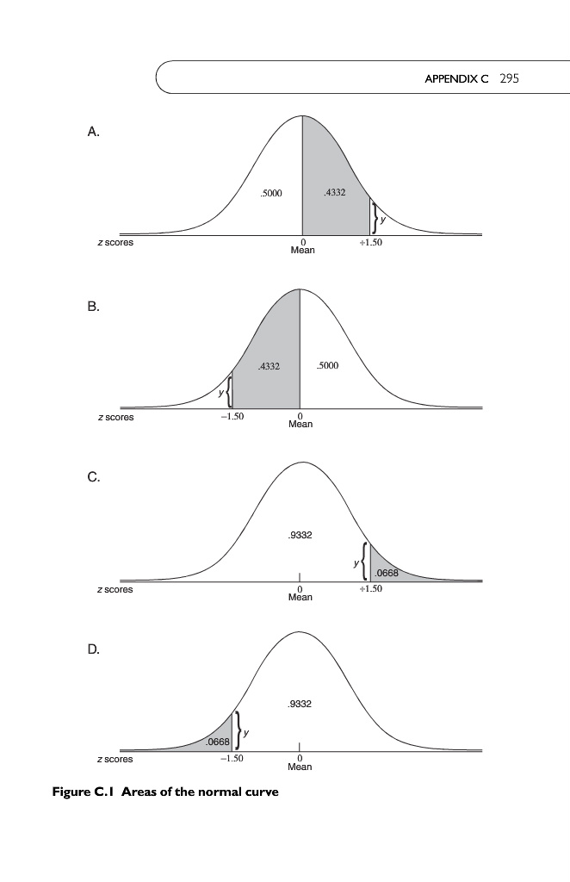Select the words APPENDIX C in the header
[x=456, y=79]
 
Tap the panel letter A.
[x=94, y=132]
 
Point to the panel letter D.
[x=94, y=650]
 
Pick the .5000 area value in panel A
[x=271, y=193]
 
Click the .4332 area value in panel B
[x=269, y=368]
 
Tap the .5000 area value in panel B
[x=328, y=366]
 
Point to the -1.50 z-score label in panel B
[x=232, y=416]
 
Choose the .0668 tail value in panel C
[x=386, y=573]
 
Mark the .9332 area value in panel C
[x=300, y=535]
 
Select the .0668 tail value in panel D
[x=216, y=742]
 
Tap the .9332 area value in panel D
[x=300, y=705]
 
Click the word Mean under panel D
[x=300, y=767]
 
